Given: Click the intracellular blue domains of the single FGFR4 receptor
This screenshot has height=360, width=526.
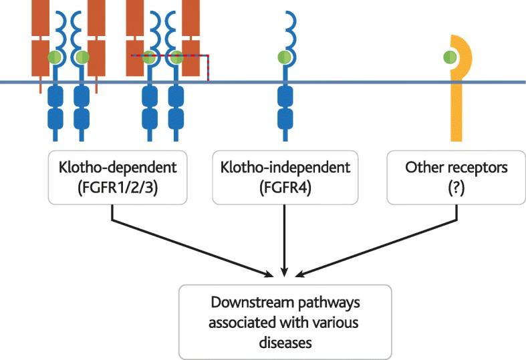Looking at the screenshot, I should tap(285, 110).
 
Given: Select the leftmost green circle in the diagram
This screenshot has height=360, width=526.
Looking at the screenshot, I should tap(53, 58).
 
